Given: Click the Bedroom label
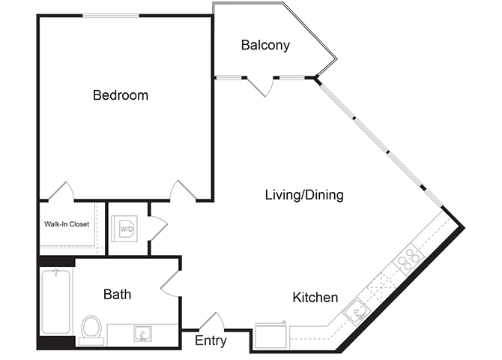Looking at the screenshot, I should [x=121, y=95].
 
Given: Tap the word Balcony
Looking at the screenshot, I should [x=265, y=45].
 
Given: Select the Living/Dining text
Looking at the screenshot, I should [x=304, y=195].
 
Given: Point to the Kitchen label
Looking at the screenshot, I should [x=315, y=298].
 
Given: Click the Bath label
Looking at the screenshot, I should [x=117, y=294].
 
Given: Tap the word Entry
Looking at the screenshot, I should [x=211, y=341].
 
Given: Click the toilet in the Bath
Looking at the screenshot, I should [x=91, y=327].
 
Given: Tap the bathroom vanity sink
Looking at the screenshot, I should [x=140, y=333].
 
